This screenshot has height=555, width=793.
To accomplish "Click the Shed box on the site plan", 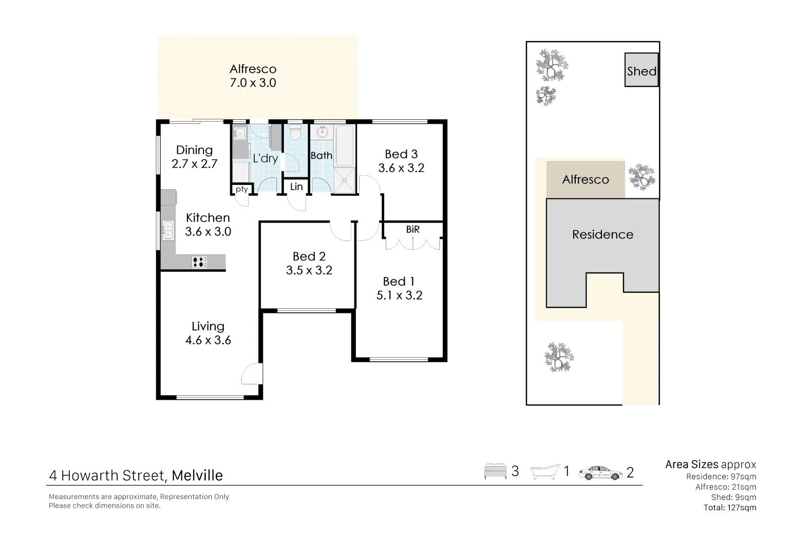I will pyautogui.click(x=641, y=70).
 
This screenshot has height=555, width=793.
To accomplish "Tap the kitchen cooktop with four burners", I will pyautogui.click(x=200, y=262).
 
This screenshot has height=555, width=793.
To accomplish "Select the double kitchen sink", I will pyautogui.click(x=167, y=230).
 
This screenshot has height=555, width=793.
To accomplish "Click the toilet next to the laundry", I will pyautogui.click(x=295, y=133).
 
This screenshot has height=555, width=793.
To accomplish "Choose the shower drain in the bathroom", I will pyautogui.click(x=344, y=180).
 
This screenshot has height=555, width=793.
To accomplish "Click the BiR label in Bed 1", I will pyautogui.click(x=412, y=230).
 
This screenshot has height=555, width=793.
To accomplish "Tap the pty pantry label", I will pyautogui.click(x=241, y=189).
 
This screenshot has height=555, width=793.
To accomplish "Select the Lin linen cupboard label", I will pyautogui.click(x=296, y=187).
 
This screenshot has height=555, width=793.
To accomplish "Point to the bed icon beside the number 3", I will pyautogui.click(x=495, y=472).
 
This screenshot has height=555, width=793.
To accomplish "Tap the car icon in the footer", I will pyautogui.click(x=599, y=473).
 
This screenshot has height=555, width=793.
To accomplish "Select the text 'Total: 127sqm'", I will pyautogui.click(x=729, y=508).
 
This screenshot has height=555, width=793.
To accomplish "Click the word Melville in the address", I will pyautogui.click(x=197, y=476).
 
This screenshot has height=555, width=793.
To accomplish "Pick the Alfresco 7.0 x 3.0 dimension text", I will pyautogui.click(x=253, y=83).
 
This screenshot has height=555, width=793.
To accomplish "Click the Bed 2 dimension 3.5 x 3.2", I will pyautogui.click(x=309, y=270).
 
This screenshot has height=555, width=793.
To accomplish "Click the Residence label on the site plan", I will pyautogui.click(x=602, y=235).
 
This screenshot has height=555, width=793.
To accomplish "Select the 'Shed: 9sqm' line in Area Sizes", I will pyautogui.click(x=733, y=497).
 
